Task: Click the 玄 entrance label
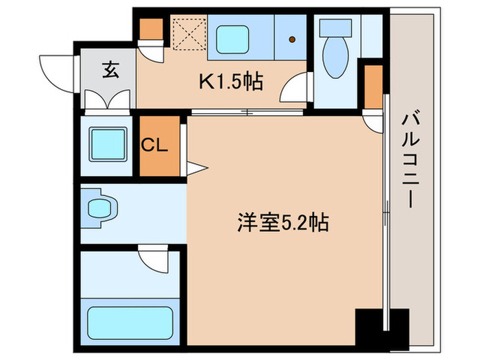(109, 69)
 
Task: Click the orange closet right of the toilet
(374, 86)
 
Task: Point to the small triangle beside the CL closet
(193, 167)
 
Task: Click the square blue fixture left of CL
(108, 146)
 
